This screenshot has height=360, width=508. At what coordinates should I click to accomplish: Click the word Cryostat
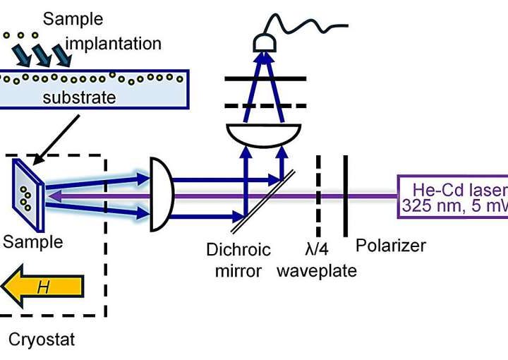click(x=41, y=340)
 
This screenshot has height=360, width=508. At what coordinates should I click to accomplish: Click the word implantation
click(x=113, y=44)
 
